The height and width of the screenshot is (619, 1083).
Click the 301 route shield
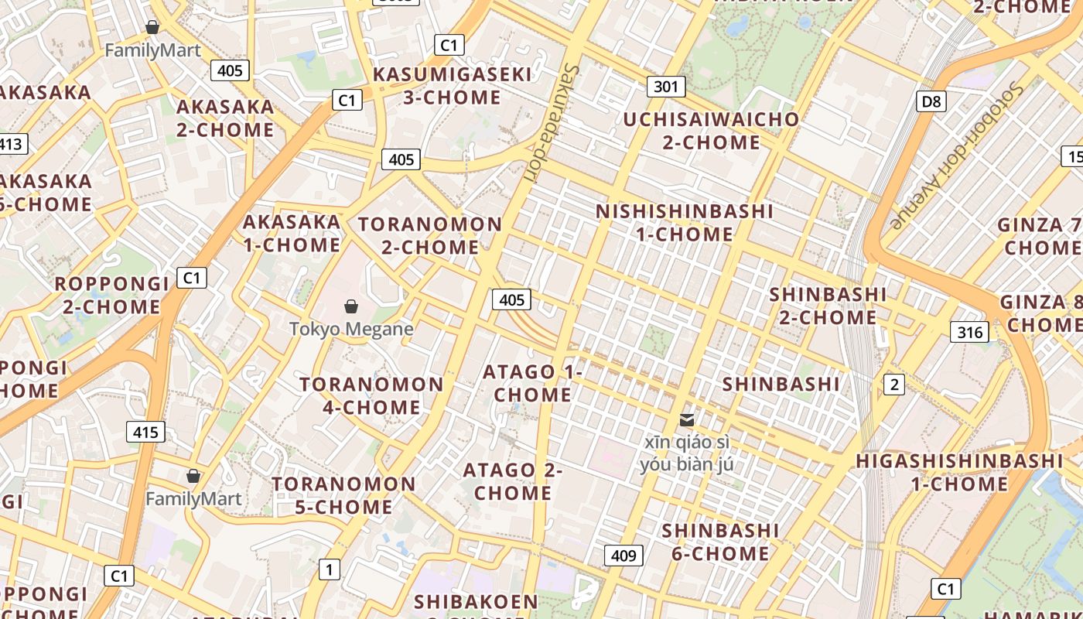click(665, 87)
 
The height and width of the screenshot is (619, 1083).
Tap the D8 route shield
click(932, 101)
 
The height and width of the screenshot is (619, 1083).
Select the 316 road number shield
click(969, 333)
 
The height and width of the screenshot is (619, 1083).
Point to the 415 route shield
click(145, 432)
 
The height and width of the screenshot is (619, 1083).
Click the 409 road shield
click(623, 556)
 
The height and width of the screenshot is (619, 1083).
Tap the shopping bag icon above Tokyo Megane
click(351, 307)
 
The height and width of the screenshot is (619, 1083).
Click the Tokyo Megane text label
click(351, 329)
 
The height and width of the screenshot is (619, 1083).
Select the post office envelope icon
click(686, 420)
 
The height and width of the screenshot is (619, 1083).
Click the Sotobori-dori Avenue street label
click(957, 155)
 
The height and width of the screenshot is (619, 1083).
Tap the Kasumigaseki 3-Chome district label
click(453, 86)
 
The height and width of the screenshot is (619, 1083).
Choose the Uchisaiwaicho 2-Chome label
click(711, 131)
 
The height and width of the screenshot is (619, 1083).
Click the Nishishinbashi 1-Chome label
click(685, 222)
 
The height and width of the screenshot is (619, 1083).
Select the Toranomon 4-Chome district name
click(371, 395)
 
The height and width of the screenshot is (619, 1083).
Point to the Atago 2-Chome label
click(513, 481)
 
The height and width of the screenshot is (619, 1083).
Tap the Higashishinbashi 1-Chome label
click(959, 472)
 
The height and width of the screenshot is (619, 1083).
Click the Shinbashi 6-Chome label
click(720, 542)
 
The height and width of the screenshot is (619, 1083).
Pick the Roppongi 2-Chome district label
click(111, 295)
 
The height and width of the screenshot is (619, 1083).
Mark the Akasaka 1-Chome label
click(292, 233)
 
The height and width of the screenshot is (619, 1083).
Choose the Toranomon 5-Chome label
click(343, 495)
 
